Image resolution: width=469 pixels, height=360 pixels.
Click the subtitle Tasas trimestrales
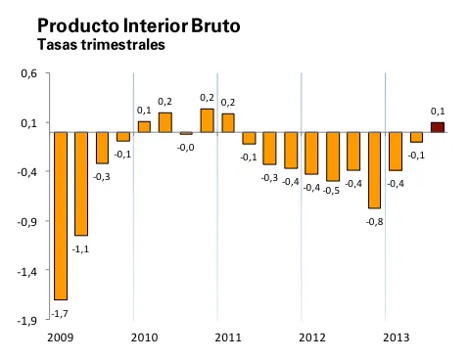(100, 44)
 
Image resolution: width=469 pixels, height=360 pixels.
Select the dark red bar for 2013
(437, 126)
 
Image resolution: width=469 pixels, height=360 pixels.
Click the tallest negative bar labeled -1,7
(61, 215)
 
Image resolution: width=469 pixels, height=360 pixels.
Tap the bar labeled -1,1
(81, 184)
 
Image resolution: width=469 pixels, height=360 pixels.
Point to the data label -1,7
(61, 313)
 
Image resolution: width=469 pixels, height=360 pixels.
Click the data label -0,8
(374, 221)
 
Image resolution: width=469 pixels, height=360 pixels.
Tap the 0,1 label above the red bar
(438, 111)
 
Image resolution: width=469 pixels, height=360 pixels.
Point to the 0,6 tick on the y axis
(28, 74)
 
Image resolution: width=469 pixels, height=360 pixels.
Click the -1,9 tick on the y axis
(27, 320)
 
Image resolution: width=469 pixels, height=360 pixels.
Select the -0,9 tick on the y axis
(27, 222)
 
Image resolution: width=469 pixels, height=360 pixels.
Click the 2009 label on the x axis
(60, 337)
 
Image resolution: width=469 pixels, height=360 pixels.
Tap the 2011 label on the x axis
(228, 337)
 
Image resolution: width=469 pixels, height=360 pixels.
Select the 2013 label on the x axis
(396, 337)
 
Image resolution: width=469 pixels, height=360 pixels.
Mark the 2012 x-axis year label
(312, 337)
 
